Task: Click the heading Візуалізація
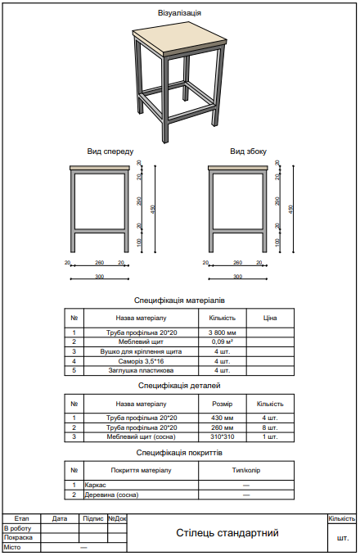click(179, 13)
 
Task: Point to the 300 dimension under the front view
click(100, 277)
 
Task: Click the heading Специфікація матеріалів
click(179, 300)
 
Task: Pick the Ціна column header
click(270, 317)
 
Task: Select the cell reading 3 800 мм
click(223, 332)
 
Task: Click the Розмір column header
click(223, 404)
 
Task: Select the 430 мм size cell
click(223, 418)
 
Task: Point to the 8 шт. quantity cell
click(270, 427)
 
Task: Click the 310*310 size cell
click(223, 436)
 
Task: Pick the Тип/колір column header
click(246, 470)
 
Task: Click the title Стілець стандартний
click(227, 533)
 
